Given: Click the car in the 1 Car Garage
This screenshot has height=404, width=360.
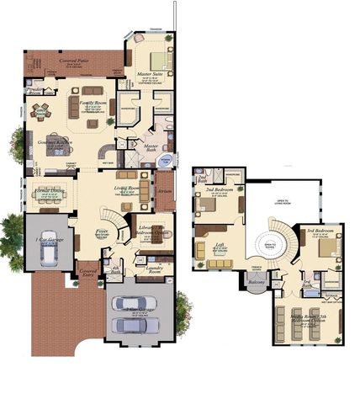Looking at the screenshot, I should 50,244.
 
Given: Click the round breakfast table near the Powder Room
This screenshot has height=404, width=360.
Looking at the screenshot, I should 40,109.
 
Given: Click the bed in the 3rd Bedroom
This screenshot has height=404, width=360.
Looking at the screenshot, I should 328,247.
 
